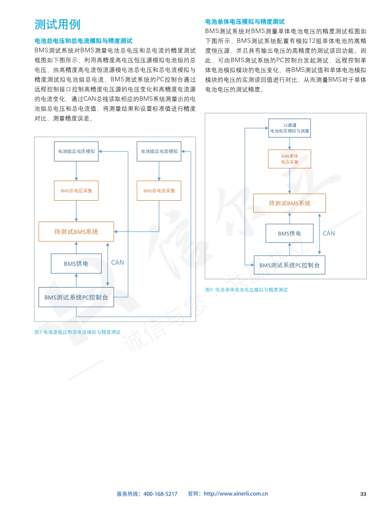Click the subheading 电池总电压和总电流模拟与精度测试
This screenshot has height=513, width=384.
(x=83, y=41)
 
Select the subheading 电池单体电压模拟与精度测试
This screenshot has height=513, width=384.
(x=245, y=22)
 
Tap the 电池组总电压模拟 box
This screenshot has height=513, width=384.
(x=77, y=151)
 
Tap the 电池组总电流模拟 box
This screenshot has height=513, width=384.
(x=159, y=151)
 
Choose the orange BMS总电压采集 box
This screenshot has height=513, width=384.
(x=77, y=191)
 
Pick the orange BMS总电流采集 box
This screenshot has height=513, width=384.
(x=159, y=191)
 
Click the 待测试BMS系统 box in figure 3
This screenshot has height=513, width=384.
(x=76, y=232)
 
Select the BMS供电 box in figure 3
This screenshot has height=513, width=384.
(x=76, y=263)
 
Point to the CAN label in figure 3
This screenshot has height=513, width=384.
(x=118, y=262)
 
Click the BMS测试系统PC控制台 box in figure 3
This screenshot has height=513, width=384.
(x=76, y=297)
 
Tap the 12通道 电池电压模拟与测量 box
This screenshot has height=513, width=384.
(x=290, y=128)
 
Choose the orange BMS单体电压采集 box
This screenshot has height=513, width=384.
(x=290, y=159)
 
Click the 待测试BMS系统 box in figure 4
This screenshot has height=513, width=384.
(x=290, y=203)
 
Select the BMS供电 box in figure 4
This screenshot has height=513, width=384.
(x=290, y=233)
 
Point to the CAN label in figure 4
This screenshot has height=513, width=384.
(x=329, y=233)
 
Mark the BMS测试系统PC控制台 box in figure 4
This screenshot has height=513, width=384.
(x=290, y=265)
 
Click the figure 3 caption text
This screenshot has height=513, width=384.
(x=77, y=332)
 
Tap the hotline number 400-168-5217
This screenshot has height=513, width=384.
(x=160, y=494)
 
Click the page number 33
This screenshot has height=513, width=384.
(x=363, y=494)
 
